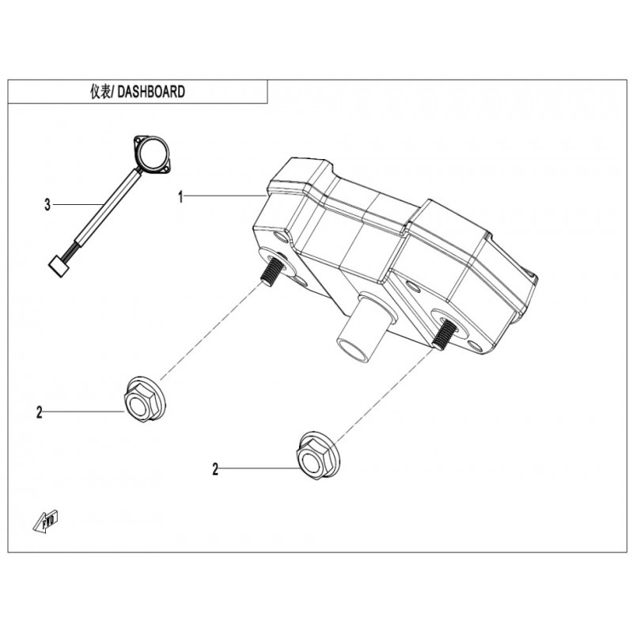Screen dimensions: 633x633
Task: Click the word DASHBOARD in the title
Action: point(151,92)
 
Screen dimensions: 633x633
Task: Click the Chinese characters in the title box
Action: point(100,92)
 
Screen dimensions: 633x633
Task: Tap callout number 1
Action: point(181,197)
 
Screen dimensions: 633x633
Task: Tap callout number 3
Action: point(47,205)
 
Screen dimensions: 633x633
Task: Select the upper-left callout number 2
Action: point(39,412)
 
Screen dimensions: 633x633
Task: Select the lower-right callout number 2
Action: point(215,469)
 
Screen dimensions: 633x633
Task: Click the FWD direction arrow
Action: point(46,522)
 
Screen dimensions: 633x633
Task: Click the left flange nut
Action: point(145,400)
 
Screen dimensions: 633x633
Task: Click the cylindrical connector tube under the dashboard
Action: point(362,330)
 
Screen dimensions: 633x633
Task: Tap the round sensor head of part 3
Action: point(152,154)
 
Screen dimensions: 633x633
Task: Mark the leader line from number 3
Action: point(78,205)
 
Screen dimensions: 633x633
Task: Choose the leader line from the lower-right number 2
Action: point(260,468)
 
